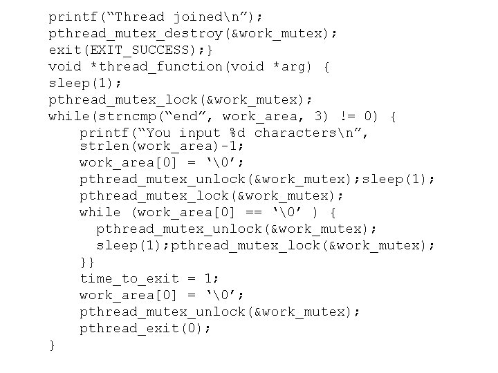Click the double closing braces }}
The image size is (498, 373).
click(x=88, y=262)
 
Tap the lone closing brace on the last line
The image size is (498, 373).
click(x=52, y=345)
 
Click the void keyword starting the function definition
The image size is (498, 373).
click(x=64, y=66)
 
